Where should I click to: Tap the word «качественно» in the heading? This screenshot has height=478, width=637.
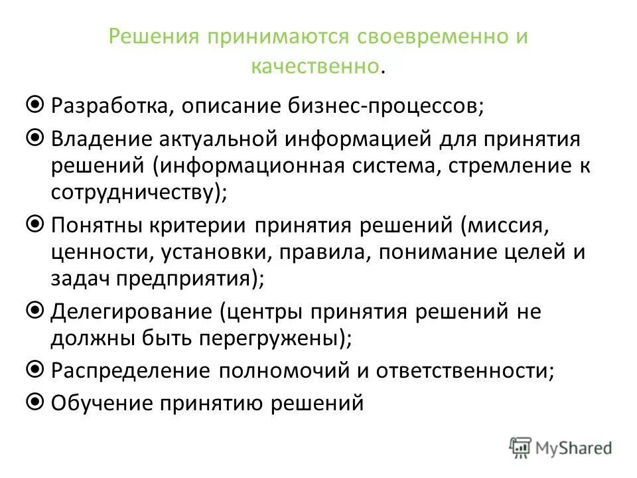pyautogui.click(x=316, y=66)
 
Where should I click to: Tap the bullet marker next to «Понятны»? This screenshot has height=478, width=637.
pyautogui.click(x=37, y=224)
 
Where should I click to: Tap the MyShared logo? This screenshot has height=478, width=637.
pyautogui.click(x=561, y=447)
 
